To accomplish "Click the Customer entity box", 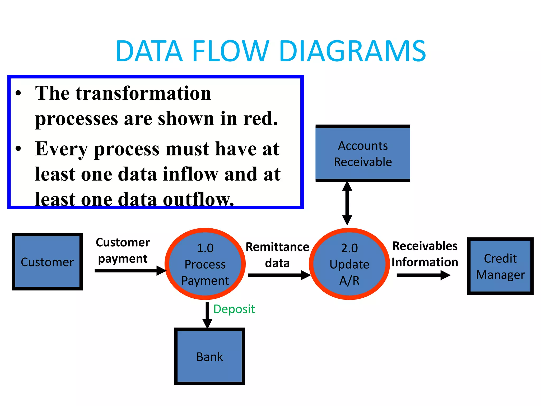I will [x=47, y=262].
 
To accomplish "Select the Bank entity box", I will [x=209, y=356].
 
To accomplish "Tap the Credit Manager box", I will [x=500, y=266].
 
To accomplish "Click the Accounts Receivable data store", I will [x=363, y=154].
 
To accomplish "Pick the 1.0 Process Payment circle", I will [x=205, y=264].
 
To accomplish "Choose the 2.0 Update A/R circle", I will [x=349, y=264].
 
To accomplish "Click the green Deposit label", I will [x=234, y=309].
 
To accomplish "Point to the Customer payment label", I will [x=123, y=250].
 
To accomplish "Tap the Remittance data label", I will [x=277, y=255].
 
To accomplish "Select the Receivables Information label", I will [x=425, y=254].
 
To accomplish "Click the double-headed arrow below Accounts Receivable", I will [x=347, y=204].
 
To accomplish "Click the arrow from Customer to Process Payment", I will [x=129, y=270].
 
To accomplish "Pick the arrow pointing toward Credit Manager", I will [x=423, y=275].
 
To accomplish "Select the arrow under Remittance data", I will [x=279, y=275].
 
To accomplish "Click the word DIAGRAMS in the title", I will [x=352, y=51].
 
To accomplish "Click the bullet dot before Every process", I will [x=18, y=149].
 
